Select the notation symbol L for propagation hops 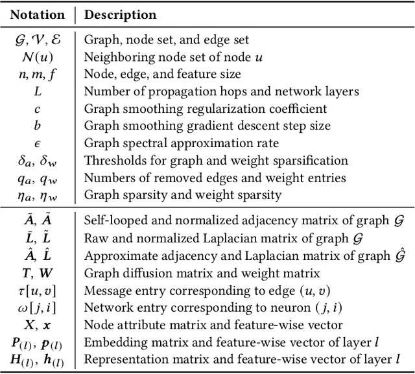pyautogui.click(x=38, y=91)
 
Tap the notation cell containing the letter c pyautogui.click(x=38, y=108)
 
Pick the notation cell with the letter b pyautogui.click(x=38, y=126)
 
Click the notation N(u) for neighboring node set pyautogui.click(x=38, y=57)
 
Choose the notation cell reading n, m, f pyautogui.click(x=38, y=75)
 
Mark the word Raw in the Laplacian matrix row pyautogui.click(x=95, y=238)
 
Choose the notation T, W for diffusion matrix pyautogui.click(x=38, y=272)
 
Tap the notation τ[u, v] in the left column pyautogui.click(x=38, y=290)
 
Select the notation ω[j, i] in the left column pyautogui.click(x=38, y=307)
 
